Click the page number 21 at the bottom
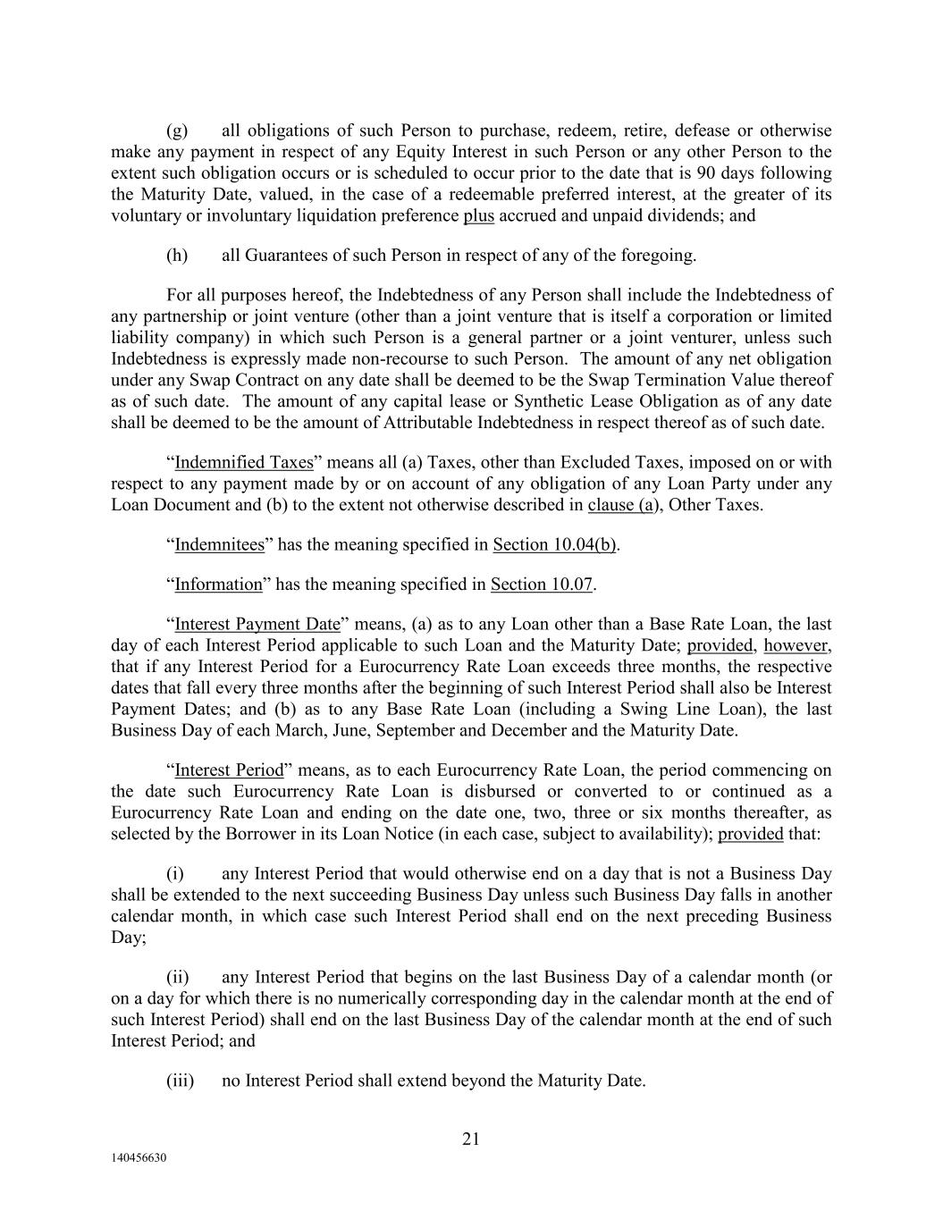click(471, 1139)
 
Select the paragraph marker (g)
click(177, 130)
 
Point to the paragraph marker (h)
click(177, 256)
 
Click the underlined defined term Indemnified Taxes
click(244, 463)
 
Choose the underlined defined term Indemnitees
click(220, 545)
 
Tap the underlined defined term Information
click(218, 585)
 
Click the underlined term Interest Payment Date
click(257, 624)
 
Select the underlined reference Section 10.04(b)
click(554, 545)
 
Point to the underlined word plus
click(478, 216)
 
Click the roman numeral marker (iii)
click(181, 1081)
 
